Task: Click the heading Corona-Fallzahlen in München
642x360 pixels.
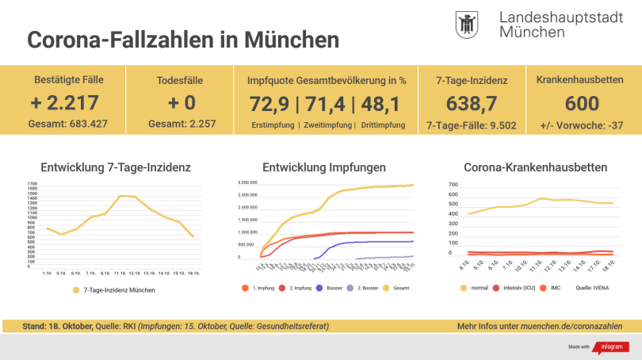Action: (183, 40)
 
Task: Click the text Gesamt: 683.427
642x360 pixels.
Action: (69, 124)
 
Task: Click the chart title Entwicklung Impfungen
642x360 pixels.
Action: (324, 168)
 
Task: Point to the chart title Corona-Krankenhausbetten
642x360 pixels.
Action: (536, 168)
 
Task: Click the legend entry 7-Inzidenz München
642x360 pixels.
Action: (114, 290)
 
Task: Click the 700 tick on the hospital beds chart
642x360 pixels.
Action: (453, 185)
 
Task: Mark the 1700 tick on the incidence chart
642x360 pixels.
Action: (32, 184)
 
